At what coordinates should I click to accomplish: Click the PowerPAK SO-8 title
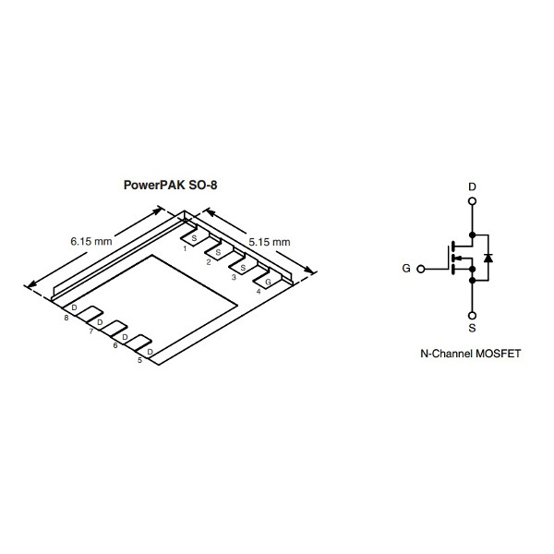point(171,184)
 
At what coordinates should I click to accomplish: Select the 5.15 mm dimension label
point(270,242)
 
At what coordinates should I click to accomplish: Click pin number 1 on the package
point(185,247)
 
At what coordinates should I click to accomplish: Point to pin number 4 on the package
point(258,291)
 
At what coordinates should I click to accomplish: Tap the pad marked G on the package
point(267,281)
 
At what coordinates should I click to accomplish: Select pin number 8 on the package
point(66,319)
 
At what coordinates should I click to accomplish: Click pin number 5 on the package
point(139,360)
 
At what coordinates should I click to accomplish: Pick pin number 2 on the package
point(209,262)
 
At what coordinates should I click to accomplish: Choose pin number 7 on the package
point(90,331)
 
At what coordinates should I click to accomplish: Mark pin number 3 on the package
point(233,276)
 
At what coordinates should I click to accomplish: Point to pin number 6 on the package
point(114,345)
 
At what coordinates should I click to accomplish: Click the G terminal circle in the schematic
point(422,270)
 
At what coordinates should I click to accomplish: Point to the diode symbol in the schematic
point(488,257)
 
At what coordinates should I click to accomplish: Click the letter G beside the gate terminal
point(406,270)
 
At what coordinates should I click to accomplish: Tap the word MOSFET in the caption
point(498,354)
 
